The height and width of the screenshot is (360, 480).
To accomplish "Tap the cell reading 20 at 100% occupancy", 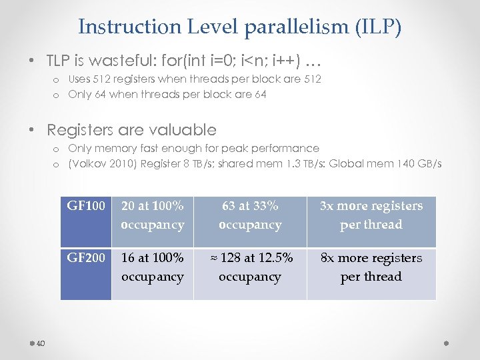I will (152, 215).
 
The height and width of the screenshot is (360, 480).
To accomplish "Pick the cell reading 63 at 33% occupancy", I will (250, 215).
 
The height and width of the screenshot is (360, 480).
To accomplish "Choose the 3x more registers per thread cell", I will (371, 215).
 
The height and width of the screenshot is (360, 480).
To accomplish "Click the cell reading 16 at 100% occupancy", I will (152, 267).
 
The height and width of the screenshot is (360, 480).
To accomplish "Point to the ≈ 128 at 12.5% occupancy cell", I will (250, 267).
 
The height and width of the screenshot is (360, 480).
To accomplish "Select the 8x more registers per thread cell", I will (371, 267).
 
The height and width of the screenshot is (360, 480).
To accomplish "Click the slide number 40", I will (40, 344).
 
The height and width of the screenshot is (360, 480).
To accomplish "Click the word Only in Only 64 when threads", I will (80, 95).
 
